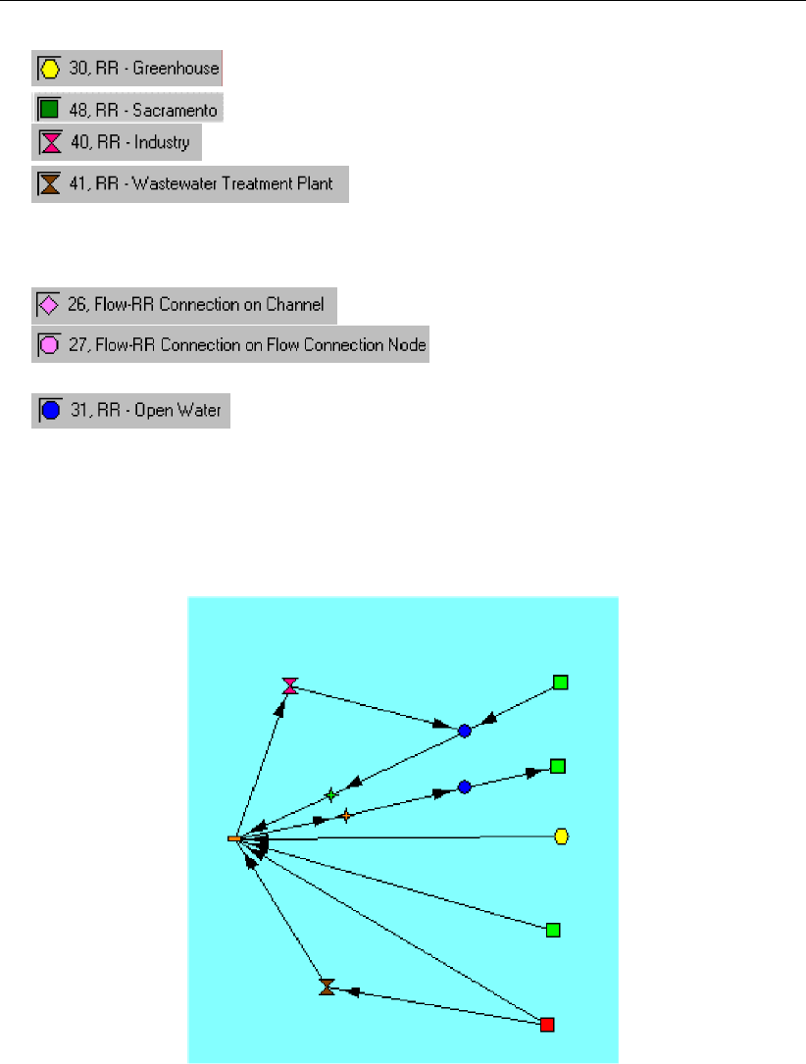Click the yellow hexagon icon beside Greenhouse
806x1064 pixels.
click(x=48, y=70)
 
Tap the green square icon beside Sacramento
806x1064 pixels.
click(x=48, y=107)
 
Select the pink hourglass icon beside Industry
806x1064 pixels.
click(x=49, y=143)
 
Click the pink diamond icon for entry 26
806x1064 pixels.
click(x=47, y=305)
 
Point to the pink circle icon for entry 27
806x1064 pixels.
click(x=48, y=345)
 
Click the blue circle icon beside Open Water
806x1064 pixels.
click(x=50, y=411)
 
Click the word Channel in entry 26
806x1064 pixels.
click(x=297, y=305)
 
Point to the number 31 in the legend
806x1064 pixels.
click(x=77, y=411)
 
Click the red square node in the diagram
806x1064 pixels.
click(x=547, y=1025)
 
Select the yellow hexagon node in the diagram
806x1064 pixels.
click(x=562, y=836)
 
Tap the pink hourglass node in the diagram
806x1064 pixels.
click(x=289, y=685)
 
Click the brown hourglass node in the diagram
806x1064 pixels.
click(x=327, y=987)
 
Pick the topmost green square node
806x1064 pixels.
click(x=560, y=683)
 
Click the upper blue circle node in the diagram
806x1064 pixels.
click(x=465, y=731)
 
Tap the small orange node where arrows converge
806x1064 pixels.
click(x=234, y=839)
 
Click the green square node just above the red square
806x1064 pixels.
click(x=553, y=930)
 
